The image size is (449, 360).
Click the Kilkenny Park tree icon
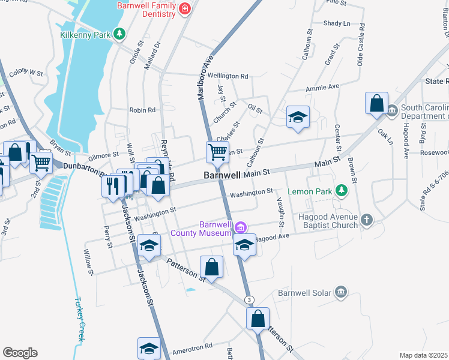[120, 34]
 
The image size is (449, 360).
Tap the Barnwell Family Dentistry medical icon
[184, 8]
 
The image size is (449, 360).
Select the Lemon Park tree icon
[342, 191]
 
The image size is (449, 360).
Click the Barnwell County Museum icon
[241, 227]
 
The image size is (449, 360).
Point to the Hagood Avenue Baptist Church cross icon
[367, 220]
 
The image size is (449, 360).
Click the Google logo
[20, 352]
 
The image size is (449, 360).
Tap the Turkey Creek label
[79, 319]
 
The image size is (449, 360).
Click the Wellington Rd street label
[228, 76]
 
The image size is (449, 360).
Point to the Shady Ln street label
[336, 23]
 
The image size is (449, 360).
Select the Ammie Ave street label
[322, 87]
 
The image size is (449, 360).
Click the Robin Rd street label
[142, 110]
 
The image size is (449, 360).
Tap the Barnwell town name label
[222, 176]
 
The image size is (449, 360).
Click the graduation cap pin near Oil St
[297, 117]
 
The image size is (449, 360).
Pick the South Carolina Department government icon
[392, 110]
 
